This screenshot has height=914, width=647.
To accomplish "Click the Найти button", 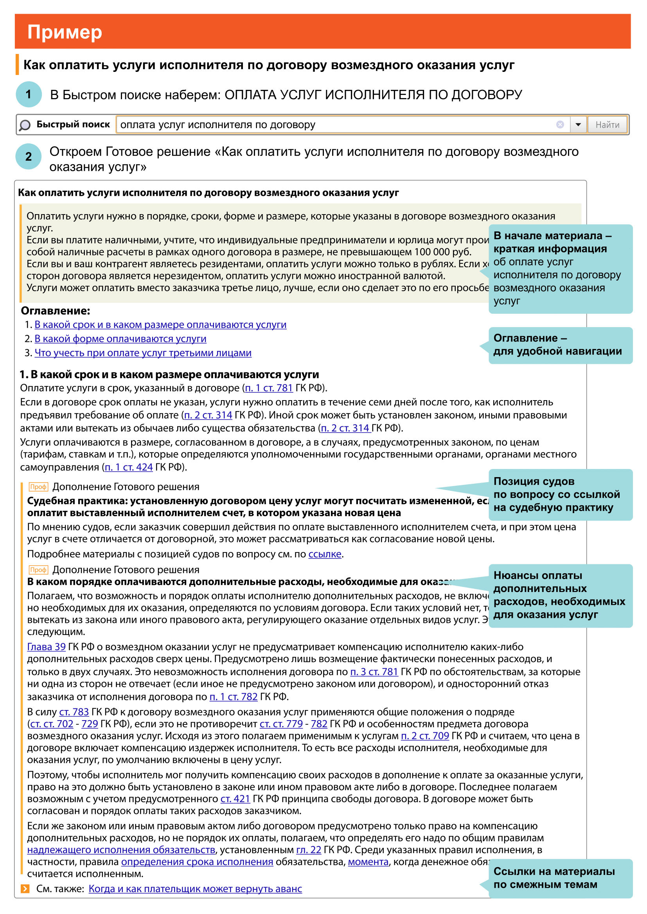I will (x=607, y=125).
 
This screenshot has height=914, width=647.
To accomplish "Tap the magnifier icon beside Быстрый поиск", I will (x=25, y=125).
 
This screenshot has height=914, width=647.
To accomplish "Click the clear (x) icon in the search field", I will (x=560, y=125).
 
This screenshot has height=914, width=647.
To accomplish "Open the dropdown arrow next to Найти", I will (x=578, y=125).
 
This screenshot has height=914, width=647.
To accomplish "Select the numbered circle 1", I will (x=29, y=94).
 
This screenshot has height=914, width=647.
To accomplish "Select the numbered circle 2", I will (x=29, y=156).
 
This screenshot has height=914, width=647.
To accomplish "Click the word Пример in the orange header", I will (x=65, y=32).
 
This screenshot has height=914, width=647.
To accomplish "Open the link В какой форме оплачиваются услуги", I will (x=120, y=339).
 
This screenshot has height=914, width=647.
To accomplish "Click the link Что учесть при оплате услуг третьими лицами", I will (x=143, y=353).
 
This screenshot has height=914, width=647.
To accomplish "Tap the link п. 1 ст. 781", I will (x=268, y=388).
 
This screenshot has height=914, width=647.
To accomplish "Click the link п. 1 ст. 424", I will (x=128, y=467).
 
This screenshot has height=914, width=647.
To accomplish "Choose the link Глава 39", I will (x=46, y=647).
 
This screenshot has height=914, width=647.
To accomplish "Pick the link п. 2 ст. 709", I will (x=425, y=736).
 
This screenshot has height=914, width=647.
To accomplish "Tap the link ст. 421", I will (x=235, y=799).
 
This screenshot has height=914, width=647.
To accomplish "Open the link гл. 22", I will (x=308, y=850).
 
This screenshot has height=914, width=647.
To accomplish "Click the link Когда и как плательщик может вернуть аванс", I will (x=195, y=889).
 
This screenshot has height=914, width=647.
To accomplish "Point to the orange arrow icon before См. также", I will (x=25, y=889).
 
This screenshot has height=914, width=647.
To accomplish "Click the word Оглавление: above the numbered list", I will (x=56, y=311).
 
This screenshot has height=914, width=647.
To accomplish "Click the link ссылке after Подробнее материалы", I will (x=325, y=554).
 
